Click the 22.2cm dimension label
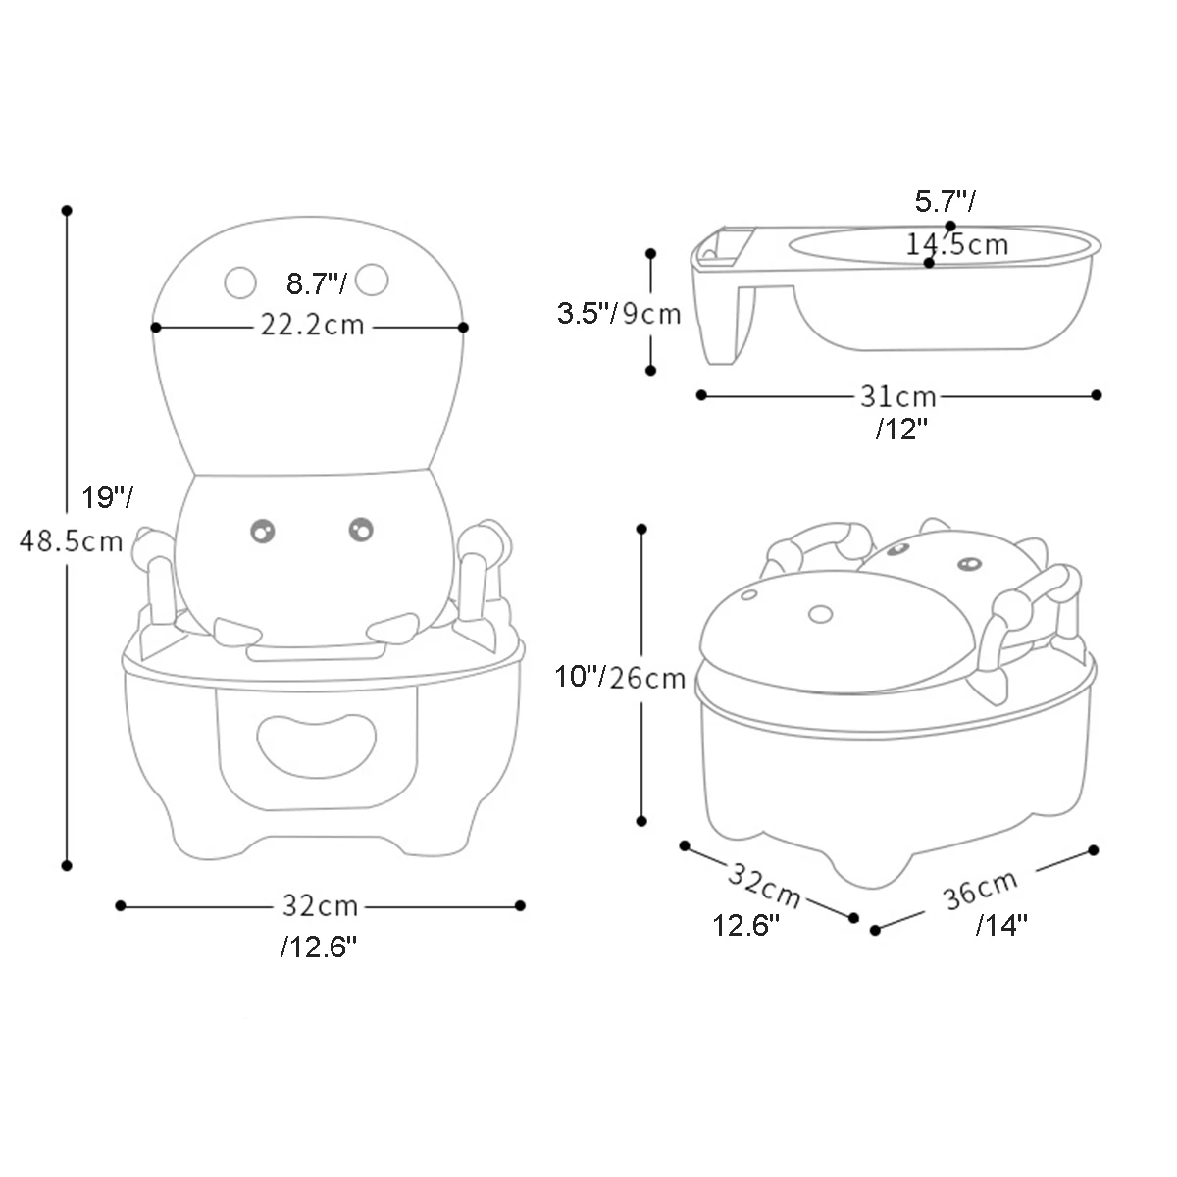coord(312,325)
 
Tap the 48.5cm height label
coord(71,540)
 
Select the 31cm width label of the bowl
coord(898,397)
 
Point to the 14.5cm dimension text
coord(956,244)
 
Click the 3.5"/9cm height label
coord(619,314)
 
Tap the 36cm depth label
coord(981,891)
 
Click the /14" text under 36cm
coord(1000,925)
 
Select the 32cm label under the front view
coord(321,905)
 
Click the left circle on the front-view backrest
coord(239,281)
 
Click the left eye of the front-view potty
coord(262,531)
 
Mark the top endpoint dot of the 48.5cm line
coord(67,210)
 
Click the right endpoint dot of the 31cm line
coord(1097,395)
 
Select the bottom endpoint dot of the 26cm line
coord(641,821)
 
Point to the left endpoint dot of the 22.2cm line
coord(155,327)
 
